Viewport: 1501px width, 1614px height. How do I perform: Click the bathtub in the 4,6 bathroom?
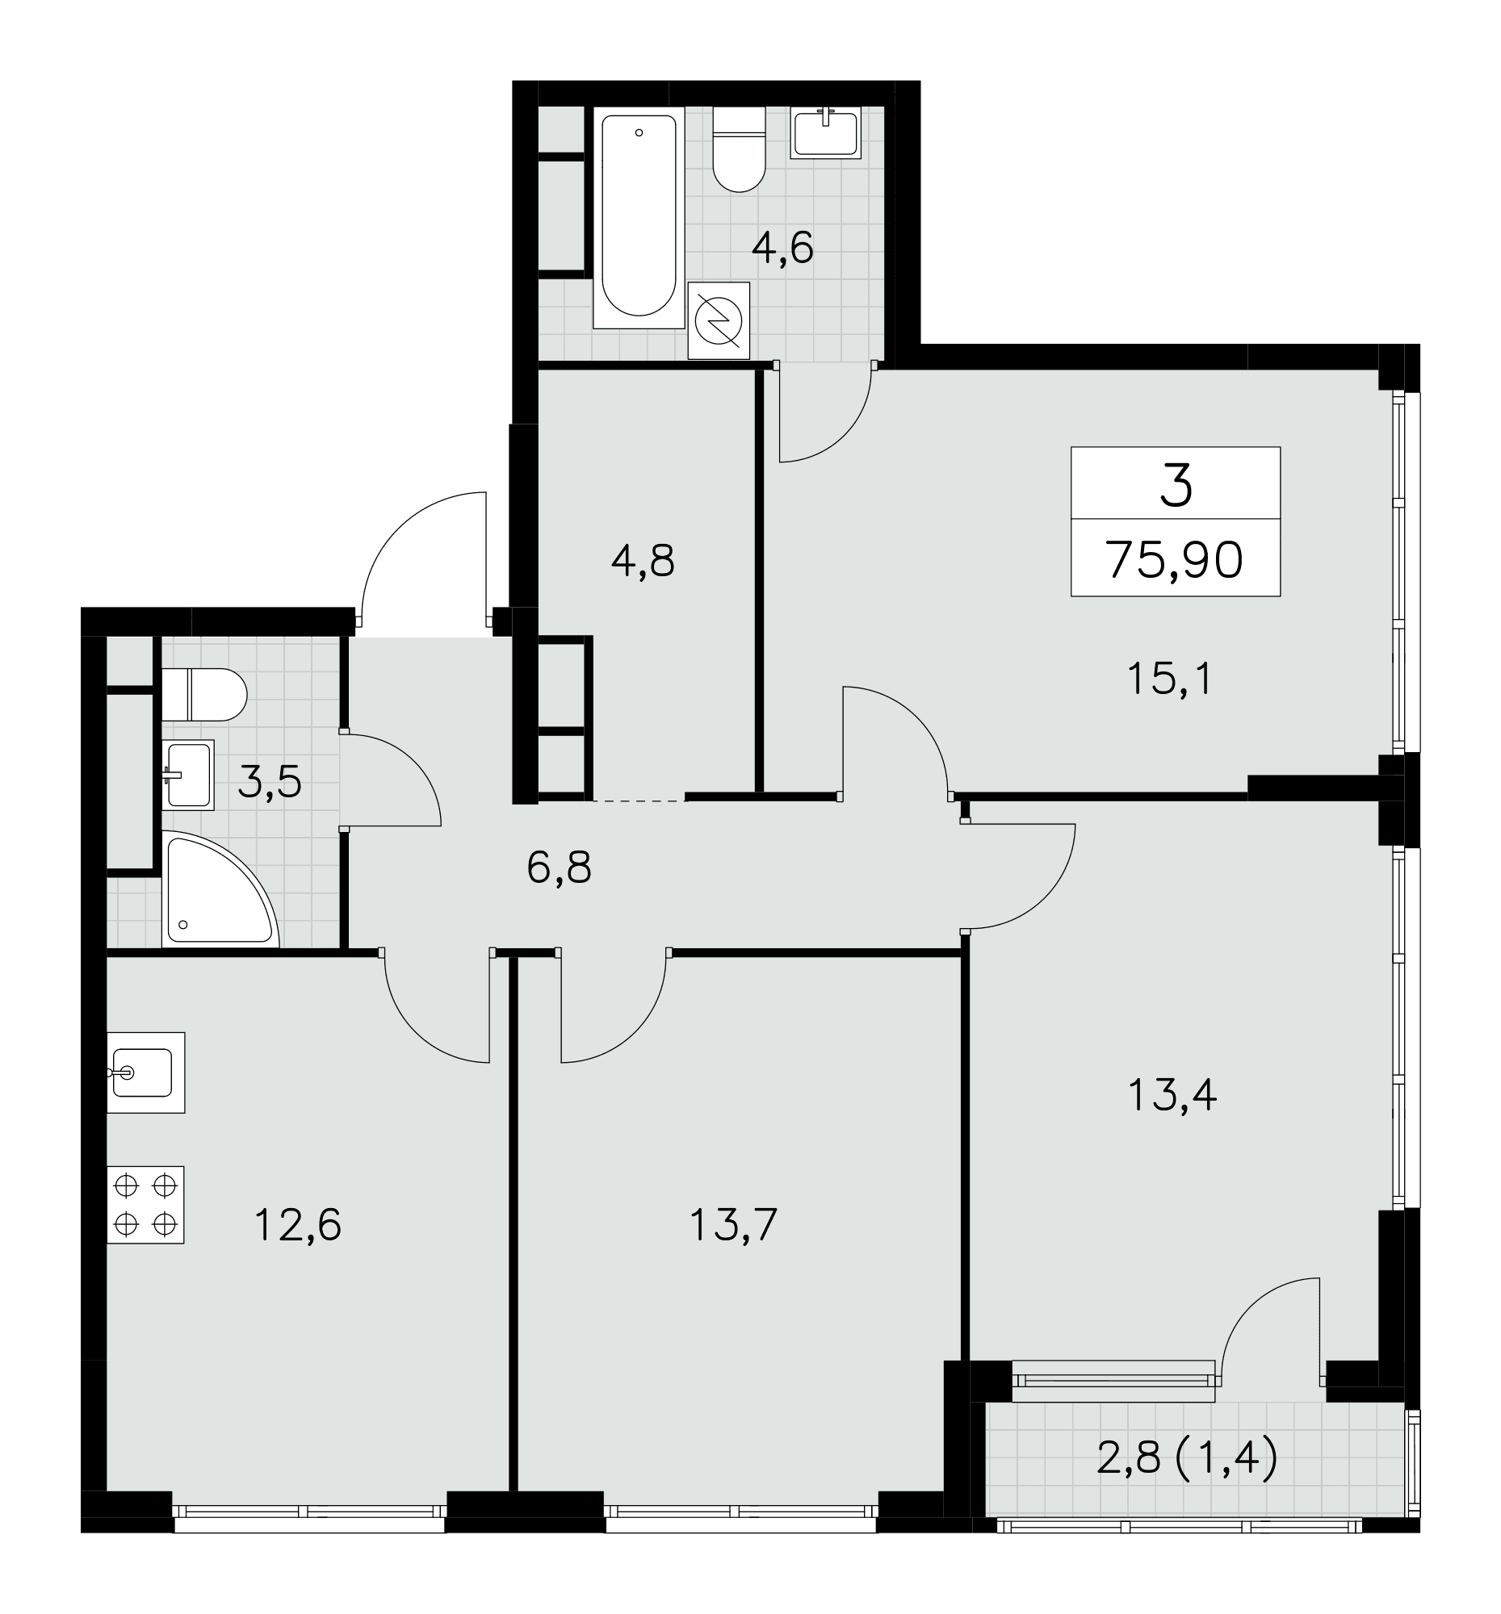[639, 218]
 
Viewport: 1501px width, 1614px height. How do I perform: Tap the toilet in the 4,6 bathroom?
[739, 149]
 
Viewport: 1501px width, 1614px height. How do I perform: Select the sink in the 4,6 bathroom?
[825, 133]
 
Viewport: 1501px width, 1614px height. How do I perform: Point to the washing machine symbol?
[718, 320]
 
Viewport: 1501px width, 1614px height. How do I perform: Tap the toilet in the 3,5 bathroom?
[203, 694]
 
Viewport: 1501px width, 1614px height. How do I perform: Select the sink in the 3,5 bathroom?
[187, 775]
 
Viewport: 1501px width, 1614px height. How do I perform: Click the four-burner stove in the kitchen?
[145, 1205]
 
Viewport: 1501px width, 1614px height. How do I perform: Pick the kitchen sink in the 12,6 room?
[145, 1073]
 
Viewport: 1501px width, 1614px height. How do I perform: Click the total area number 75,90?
[1175, 560]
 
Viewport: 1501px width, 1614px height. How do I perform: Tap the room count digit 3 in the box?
[1176, 485]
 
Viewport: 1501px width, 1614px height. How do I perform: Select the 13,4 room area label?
[1172, 1095]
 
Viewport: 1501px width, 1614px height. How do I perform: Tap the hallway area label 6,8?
[559, 868]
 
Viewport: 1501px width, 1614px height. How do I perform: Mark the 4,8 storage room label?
[643, 560]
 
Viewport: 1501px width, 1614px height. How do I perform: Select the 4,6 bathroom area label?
[782, 248]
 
